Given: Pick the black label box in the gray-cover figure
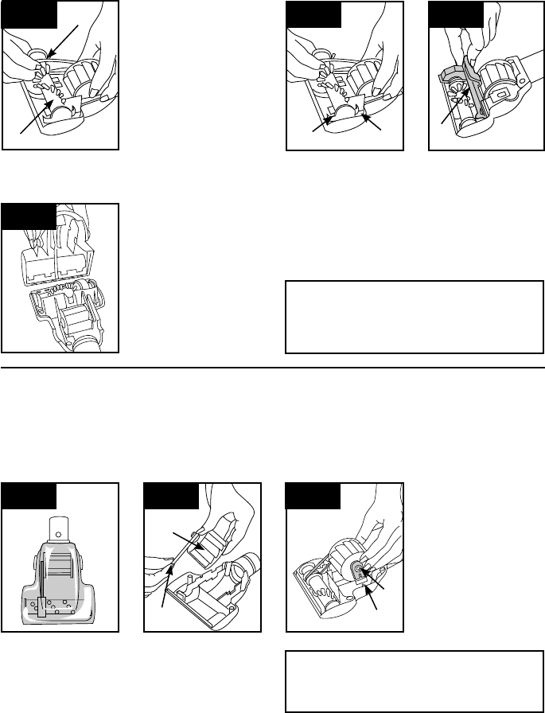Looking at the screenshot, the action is [x=456, y=15].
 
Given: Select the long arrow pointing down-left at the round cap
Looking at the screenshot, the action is [x=64, y=40].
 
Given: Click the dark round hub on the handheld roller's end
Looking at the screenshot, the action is [x=359, y=569].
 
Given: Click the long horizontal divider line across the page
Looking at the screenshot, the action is [x=272, y=368].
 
